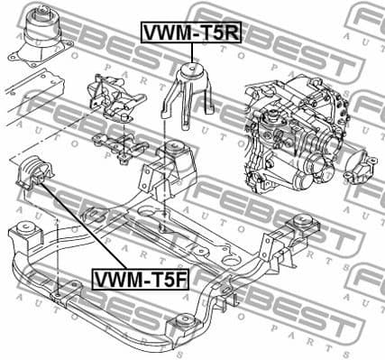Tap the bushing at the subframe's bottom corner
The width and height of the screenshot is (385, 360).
pos(185,326)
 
